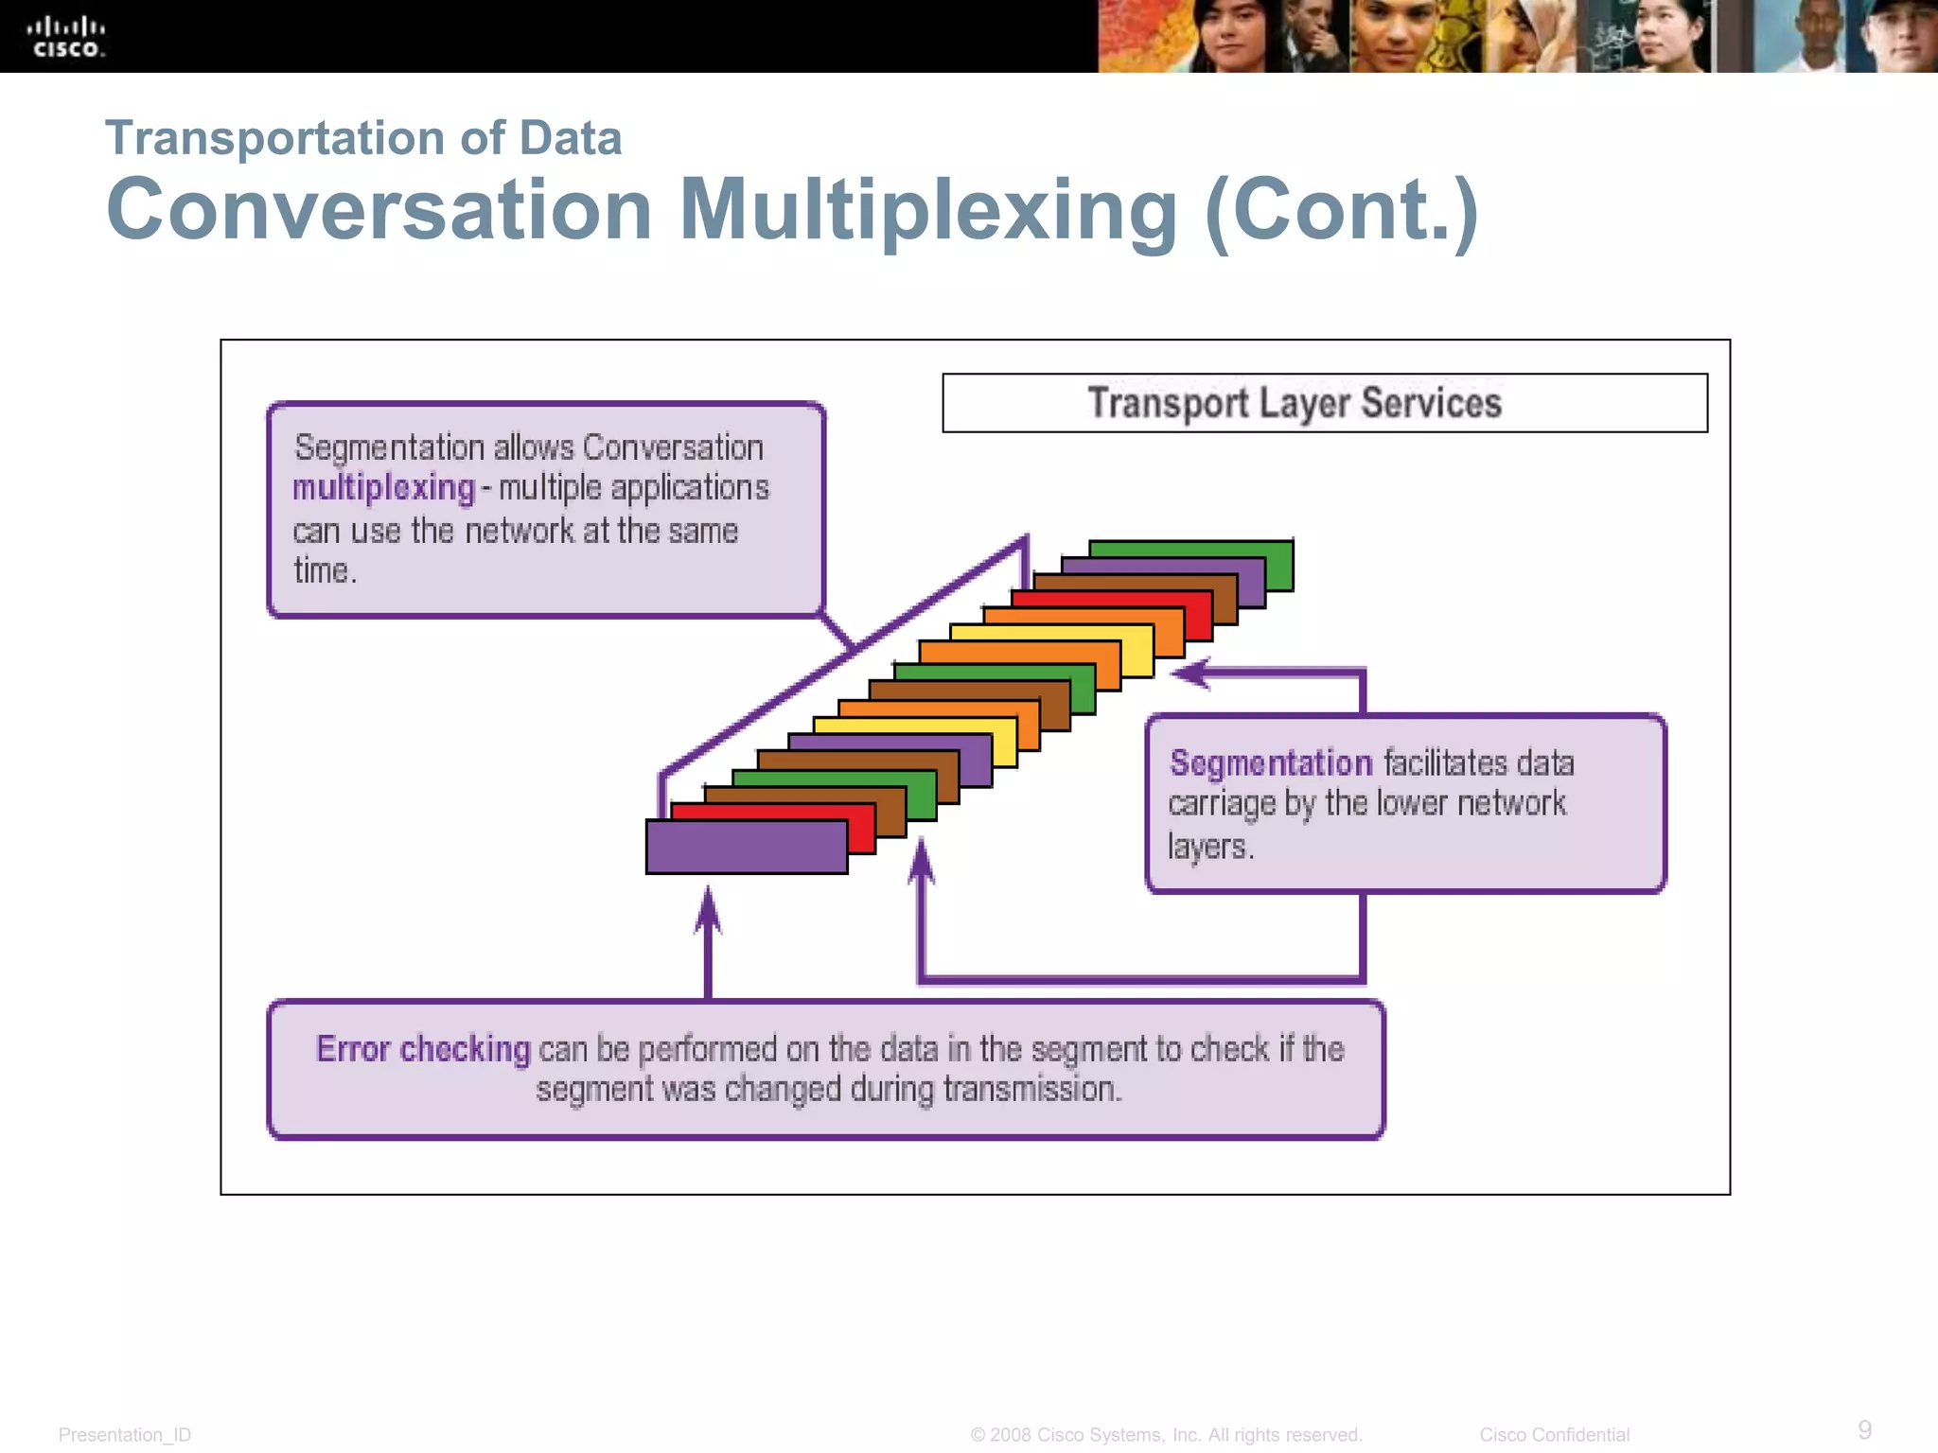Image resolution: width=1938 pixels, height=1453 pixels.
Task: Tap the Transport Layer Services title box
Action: click(x=1324, y=403)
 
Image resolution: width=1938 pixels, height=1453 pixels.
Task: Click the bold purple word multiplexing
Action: click(x=383, y=488)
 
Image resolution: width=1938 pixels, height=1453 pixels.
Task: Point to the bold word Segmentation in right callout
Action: click(x=1270, y=762)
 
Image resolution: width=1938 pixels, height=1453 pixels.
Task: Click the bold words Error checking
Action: click(x=423, y=1049)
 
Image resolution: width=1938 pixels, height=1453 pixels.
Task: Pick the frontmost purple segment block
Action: click(x=747, y=847)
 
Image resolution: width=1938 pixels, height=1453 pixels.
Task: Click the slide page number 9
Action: click(x=1864, y=1429)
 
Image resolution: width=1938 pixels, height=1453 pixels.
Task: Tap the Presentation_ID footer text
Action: click(x=125, y=1435)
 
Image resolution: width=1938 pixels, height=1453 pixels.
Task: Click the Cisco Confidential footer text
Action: click(x=1554, y=1435)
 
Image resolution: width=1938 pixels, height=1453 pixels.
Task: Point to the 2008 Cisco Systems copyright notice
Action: click(x=1166, y=1435)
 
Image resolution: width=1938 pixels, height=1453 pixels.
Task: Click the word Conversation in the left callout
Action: click(x=673, y=447)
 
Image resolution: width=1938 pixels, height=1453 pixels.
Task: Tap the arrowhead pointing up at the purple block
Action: click(x=708, y=908)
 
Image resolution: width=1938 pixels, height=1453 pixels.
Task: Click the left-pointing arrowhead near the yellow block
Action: click(x=1190, y=673)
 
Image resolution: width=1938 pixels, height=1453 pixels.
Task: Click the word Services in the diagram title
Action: click(x=1431, y=403)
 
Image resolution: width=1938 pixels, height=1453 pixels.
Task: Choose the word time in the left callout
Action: click(x=323, y=571)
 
